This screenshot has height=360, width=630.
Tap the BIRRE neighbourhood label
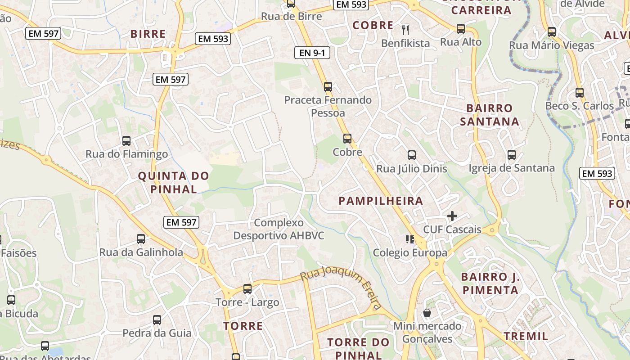[148, 34]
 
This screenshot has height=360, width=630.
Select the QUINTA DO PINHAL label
[174, 182]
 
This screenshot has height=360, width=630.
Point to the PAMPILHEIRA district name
[381, 201]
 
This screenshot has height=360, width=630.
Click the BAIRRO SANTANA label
[490, 115]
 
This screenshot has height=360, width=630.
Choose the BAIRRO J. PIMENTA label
[490, 283]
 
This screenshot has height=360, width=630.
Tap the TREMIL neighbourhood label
[526, 336]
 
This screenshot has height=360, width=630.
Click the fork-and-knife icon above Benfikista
[406, 30]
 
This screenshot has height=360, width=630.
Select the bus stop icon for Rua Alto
[461, 29]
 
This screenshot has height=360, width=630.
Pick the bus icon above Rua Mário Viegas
[552, 32]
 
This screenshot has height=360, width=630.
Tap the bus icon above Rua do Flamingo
[126, 141]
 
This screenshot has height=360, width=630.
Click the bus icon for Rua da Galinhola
[141, 239]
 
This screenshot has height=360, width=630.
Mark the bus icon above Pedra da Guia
[157, 320]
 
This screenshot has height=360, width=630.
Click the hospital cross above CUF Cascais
[452, 216]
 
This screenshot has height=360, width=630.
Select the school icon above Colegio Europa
[409, 239]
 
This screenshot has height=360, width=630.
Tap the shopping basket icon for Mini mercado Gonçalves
[427, 312]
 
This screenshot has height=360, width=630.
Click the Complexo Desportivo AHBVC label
[279, 229]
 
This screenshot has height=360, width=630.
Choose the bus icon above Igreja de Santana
[512, 155]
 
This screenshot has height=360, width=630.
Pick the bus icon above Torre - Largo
[247, 289]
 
